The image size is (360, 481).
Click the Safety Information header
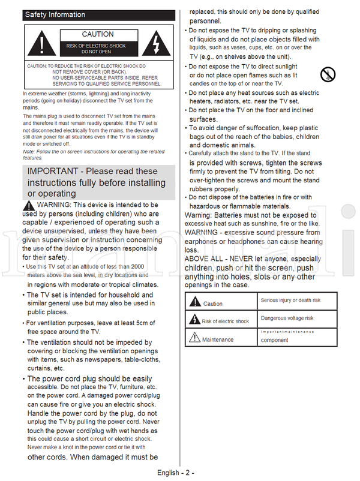tap(55, 14)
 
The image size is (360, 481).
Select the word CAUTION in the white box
tap(98, 35)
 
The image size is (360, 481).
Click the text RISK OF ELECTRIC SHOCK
tap(96, 46)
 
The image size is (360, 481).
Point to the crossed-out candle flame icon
tap(328, 75)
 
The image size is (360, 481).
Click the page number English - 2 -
tap(175, 473)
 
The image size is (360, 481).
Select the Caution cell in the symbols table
tap(212, 304)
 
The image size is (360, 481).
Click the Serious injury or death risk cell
tap(290, 300)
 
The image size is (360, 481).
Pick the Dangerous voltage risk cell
tap(287, 318)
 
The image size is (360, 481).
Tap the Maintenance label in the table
tap(218, 339)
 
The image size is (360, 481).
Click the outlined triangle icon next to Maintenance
tap(193, 338)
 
